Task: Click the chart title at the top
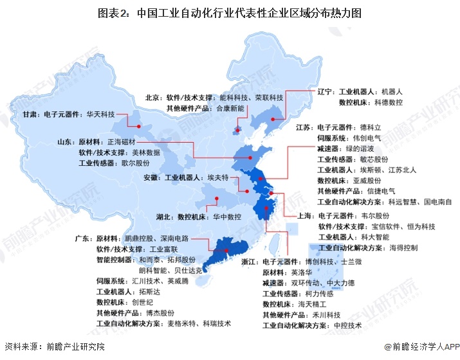click(230, 12)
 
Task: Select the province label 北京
click(153, 98)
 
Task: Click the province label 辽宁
click(327, 92)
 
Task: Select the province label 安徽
click(151, 177)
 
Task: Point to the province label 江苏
click(305, 127)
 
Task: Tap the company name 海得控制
click(403, 248)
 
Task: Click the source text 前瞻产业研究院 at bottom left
click(74, 346)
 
